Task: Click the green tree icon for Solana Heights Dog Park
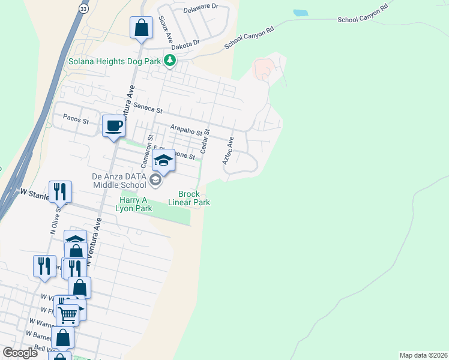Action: (170, 61)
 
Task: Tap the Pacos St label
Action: (76, 121)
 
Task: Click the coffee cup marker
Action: (113, 125)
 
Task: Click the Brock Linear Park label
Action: (193, 198)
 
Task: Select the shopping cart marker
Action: (67, 313)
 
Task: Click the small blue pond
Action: (300, 13)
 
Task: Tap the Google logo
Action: (20, 352)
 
